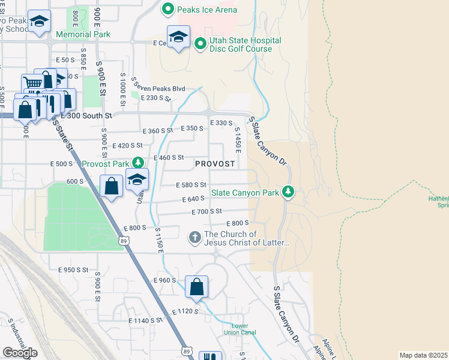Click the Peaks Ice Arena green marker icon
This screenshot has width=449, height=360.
point(168,10)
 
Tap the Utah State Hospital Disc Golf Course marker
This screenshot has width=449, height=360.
point(200,43)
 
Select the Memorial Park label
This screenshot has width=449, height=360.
point(83,34)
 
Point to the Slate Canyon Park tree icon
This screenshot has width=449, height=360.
point(289,192)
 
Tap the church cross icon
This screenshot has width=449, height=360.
point(195,238)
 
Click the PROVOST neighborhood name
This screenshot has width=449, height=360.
point(214,164)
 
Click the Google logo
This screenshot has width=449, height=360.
point(20,353)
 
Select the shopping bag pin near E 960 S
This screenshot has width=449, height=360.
point(197,287)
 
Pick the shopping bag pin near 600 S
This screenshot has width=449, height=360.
point(112,186)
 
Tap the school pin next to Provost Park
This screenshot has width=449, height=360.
point(137,179)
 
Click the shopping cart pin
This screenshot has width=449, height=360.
point(32,84)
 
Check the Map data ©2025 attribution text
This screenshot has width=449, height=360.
point(424,355)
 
